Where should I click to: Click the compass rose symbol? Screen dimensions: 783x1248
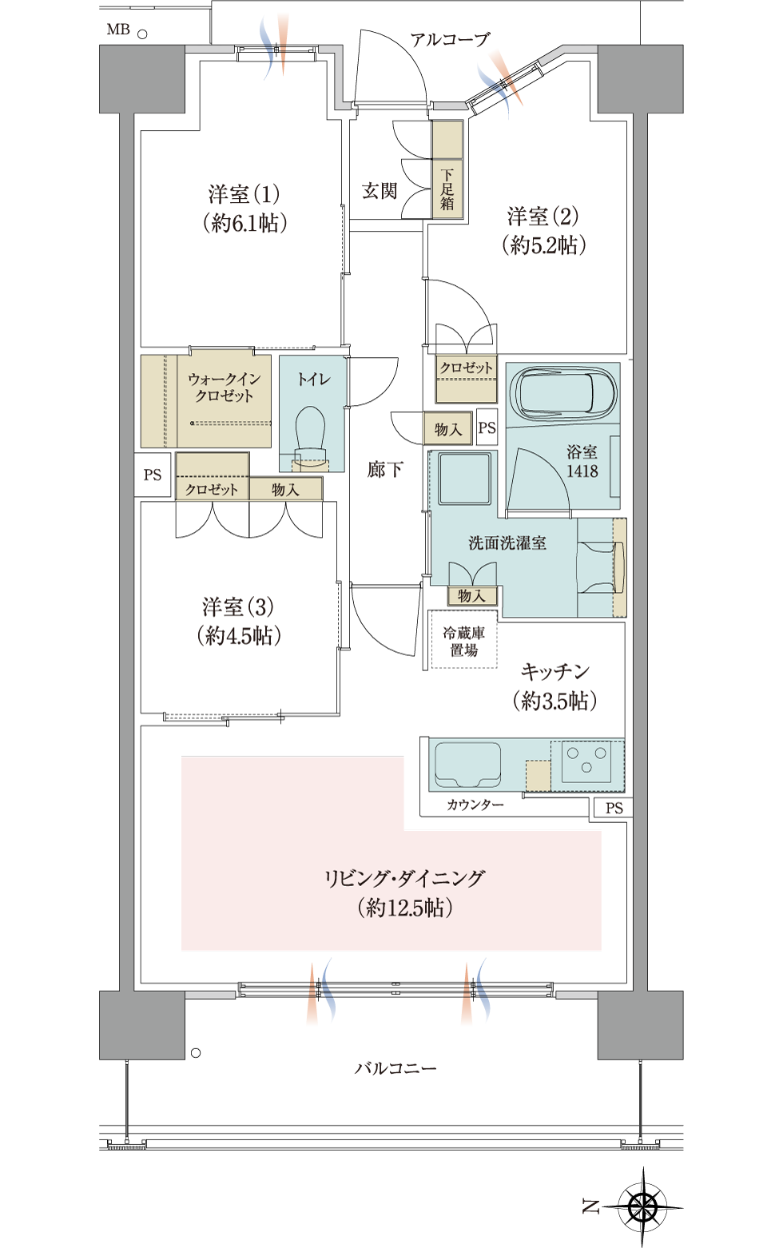(644, 1207)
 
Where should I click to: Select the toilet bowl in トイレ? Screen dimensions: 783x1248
(311, 434)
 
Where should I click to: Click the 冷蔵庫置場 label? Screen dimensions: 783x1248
(463, 642)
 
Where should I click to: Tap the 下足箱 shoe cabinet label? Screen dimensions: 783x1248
(447, 189)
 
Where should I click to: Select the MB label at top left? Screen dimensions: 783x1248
(118, 30)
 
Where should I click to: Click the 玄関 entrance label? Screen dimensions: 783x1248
(380, 191)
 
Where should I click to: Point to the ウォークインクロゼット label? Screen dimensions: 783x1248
(224, 388)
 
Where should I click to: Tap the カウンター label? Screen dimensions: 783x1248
(475, 805)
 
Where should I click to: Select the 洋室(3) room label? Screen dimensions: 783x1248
(239, 606)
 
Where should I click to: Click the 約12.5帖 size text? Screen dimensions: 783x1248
(405, 908)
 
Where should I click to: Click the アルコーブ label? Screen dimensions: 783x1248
(451, 40)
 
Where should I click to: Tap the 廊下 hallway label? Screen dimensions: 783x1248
(385, 470)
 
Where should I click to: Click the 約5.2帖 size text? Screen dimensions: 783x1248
(544, 244)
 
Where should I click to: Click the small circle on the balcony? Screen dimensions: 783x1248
(196, 1054)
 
